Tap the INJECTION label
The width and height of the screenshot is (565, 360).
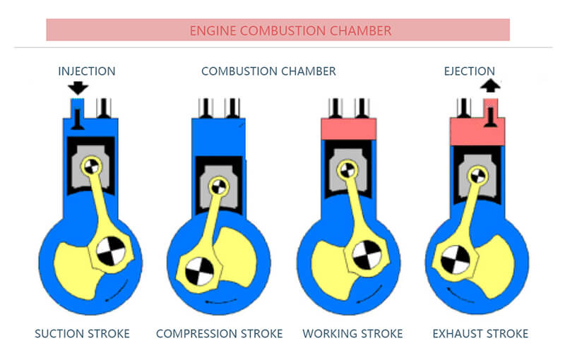[x=87, y=71]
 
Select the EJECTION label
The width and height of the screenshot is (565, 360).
[x=470, y=71]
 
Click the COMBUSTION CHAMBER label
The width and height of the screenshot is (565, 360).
[x=268, y=71]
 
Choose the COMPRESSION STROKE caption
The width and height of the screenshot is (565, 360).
[x=219, y=333]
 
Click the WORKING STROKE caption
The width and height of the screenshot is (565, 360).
[x=352, y=333]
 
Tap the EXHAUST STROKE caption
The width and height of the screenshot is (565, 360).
[x=481, y=333]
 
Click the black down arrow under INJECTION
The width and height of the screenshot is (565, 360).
[x=78, y=88]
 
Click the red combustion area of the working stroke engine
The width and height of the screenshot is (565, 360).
[x=348, y=128]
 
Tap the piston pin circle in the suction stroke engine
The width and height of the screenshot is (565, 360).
[x=90, y=167]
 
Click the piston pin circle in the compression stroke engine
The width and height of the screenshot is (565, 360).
[x=218, y=187]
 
